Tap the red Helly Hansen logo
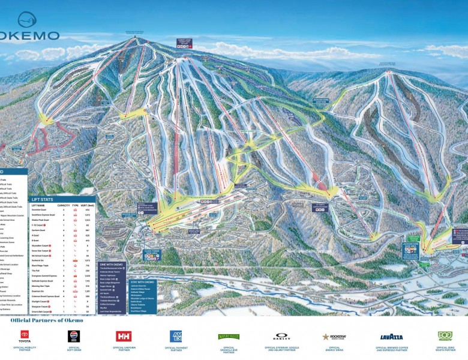point(125,336)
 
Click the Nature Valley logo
point(229,337)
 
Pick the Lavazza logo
point(391,337)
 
